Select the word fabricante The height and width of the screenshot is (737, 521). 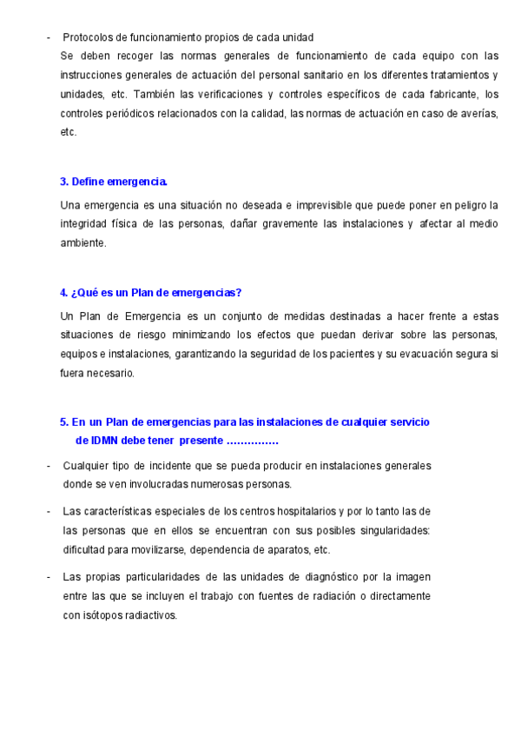click(452, 94)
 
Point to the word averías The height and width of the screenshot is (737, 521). click(480, 113)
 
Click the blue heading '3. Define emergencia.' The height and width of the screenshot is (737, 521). click(114, 182)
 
